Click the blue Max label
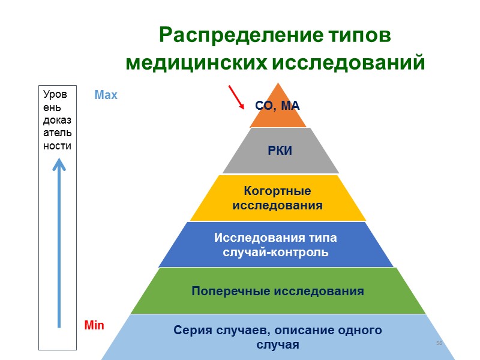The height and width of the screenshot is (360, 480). pos(106,95)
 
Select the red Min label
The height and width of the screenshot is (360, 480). pos(94,326)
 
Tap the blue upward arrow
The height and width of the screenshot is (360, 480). pos(59,240)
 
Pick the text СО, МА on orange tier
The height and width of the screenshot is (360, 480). pos(277,106)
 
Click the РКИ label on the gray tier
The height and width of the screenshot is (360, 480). pos(280,151)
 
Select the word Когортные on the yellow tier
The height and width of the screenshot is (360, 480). pos(277,191)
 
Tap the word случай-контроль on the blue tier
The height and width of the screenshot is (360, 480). pos(275,252)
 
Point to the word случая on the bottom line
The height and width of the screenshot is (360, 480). pos(277,345)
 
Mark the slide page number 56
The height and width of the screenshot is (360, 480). pos(439,343)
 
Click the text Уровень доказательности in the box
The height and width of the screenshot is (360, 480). pos(58,120)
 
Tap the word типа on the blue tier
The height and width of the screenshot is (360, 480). pos(323,238)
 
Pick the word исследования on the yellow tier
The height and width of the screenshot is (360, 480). pos(277,206)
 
